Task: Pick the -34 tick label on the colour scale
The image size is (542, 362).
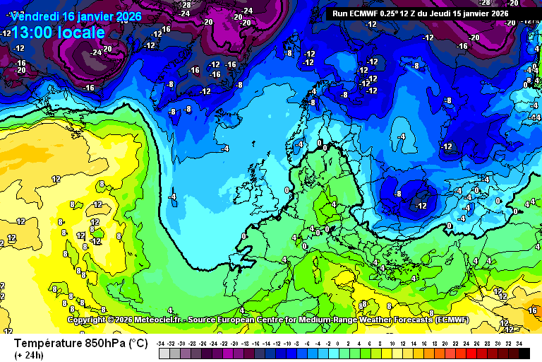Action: pos(162,343)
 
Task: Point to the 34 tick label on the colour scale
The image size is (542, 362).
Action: pos(519,343)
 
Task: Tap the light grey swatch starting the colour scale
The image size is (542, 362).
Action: pos(163,353)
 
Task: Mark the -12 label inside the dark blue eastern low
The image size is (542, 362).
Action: pos(421,205)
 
